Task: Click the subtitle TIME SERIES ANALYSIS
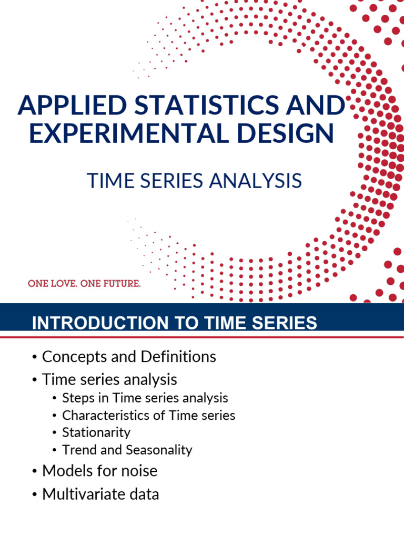coord(194,181)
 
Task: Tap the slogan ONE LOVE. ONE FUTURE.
coord(84,284)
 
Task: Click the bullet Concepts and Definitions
coord(129,357)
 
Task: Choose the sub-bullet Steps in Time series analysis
coord(145,398)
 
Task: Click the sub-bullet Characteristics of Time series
coord(148,415)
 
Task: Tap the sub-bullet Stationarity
coord(96,432)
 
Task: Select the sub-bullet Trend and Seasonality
coord(127,450)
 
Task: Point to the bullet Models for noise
coord(99,470)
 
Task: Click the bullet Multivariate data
coord(100,494)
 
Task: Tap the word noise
coord(139,470)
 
